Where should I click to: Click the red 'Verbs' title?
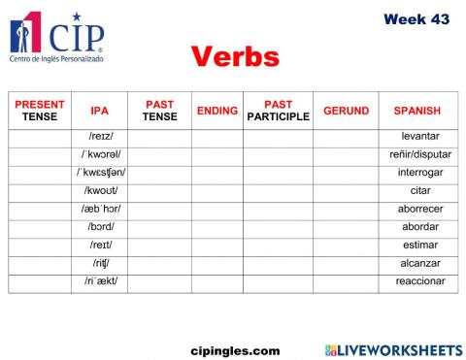(234, 56)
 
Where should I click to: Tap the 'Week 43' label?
(416, 18)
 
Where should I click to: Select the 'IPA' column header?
(99, 112)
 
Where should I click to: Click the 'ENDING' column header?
(216, 112)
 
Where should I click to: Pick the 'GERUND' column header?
(346, 112)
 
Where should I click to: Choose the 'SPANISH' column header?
(417, 112)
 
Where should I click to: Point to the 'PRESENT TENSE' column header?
(40, 111)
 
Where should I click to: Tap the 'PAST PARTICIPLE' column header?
(278, 111)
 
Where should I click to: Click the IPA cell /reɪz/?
(100, 136)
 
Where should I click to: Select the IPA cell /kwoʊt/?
(100, 191)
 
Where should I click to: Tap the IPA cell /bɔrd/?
(100, 227)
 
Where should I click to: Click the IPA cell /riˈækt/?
(100, 281)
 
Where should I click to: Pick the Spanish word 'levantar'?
(419, 136)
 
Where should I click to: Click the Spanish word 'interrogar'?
(419, 173)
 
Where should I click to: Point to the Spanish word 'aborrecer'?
(419, 209)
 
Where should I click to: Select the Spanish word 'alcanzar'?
(419, 263)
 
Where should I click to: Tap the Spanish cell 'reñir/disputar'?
(419, 154)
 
